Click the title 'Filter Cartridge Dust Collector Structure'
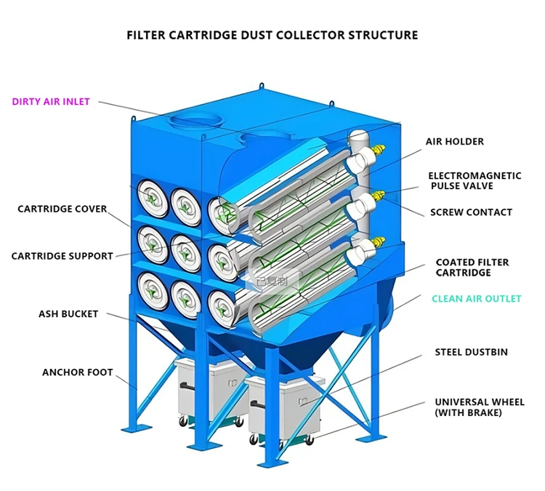pos(272,35)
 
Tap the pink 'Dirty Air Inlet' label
pos(51,102)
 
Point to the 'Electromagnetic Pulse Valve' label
pos(475,181)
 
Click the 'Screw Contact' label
pos(471,212)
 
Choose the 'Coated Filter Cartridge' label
pos(472,267)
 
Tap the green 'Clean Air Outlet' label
pos(476,299)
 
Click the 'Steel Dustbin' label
pos(471,352)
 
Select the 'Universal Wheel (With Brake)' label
pos(479,407)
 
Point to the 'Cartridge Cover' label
pos(62,209)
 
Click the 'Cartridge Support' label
pos(62,256)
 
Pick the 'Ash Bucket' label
pos(68,314)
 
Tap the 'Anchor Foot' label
pos(78,372)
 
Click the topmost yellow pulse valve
pos(377,149)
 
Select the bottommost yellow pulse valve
pos(378,241)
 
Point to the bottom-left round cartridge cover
pos(150,290)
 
